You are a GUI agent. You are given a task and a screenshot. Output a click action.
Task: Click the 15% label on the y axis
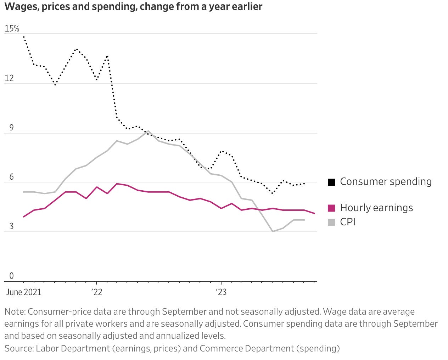click(12, 29)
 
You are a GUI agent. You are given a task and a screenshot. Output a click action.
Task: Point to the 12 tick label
click(9, 78)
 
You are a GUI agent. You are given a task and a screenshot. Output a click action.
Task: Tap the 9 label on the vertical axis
click(11, 128)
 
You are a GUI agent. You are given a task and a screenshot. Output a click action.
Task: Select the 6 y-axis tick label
click(11, 177)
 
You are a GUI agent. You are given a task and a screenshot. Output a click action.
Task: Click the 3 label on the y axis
click(11, 226)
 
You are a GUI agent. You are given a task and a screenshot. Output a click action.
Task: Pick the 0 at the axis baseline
click(11, 276)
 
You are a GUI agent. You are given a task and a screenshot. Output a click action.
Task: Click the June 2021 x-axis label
click(23, 292)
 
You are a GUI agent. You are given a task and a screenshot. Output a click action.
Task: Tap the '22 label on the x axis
click(96, 292)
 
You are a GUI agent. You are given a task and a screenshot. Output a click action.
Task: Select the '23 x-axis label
click(221, 292)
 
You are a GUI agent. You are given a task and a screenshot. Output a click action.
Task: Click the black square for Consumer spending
click(331, 182)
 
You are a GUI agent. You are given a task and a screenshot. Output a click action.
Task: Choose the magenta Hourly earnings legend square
click(331, 208)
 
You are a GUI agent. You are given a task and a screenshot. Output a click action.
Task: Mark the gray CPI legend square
click(331, 222)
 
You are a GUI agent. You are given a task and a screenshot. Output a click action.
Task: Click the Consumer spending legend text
click(386, 182)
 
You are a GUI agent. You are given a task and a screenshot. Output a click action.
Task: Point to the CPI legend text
click(348, 222)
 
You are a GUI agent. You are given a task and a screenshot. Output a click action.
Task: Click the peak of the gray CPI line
click(148, 131)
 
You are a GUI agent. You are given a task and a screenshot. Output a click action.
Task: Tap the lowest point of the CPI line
click(273, 231)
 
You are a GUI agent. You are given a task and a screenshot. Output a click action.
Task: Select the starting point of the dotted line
click(24, 36)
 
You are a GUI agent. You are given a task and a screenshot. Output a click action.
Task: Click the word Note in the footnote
click(14, 312)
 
